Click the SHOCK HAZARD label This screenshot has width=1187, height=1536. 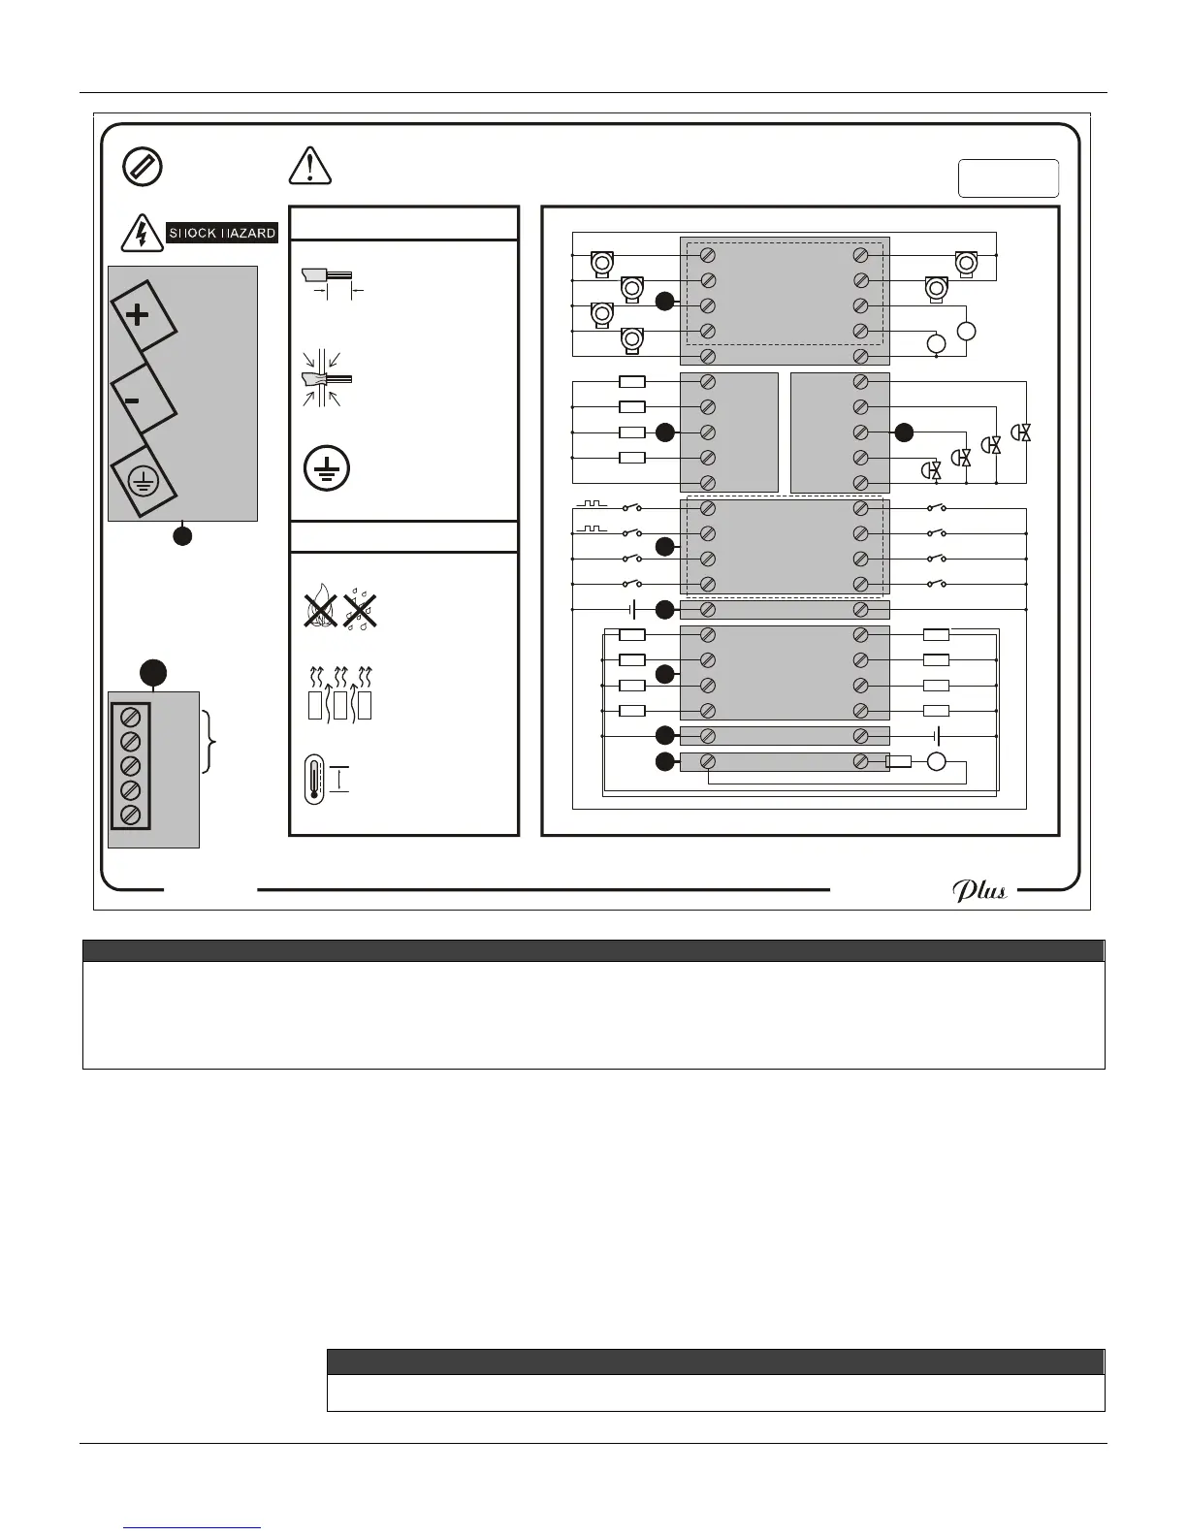coord(222,233)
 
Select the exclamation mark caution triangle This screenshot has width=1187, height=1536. coord(310,166)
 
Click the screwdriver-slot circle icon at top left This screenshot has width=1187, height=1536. coord(143,167)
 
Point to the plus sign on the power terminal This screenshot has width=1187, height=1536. coord(139,315)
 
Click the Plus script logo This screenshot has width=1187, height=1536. coord(978,890)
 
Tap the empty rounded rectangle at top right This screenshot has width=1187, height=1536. coord(1008,178)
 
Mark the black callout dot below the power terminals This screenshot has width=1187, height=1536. coord(182,535)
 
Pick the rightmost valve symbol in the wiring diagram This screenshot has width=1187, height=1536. coord(1021,433)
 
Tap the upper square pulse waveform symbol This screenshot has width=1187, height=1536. coord(591,505)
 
